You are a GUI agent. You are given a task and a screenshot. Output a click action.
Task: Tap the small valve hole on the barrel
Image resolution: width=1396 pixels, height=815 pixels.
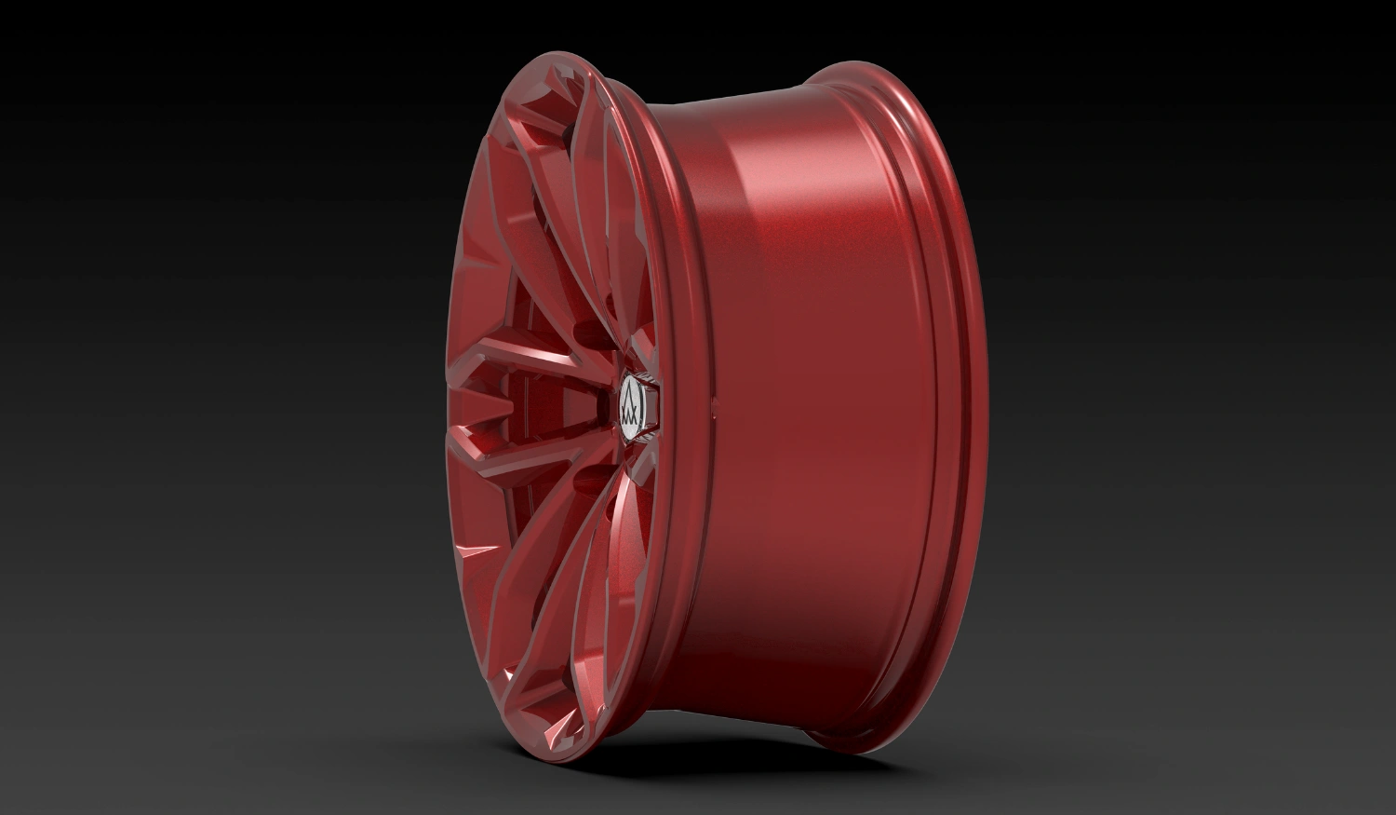715,403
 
